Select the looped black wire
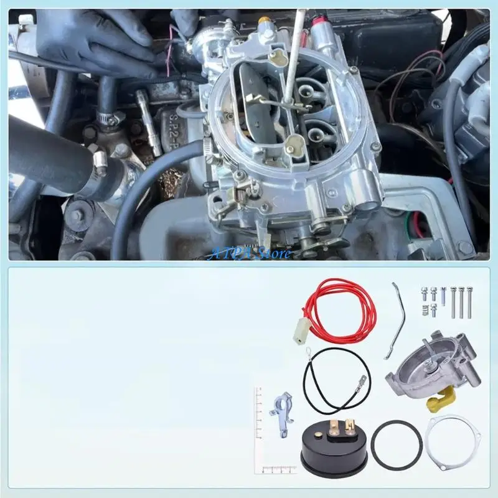point(337,377)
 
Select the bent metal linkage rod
point(395,320)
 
